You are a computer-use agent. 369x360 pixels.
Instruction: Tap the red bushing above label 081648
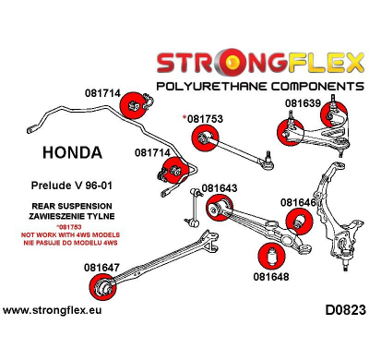(x=272, y=254)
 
